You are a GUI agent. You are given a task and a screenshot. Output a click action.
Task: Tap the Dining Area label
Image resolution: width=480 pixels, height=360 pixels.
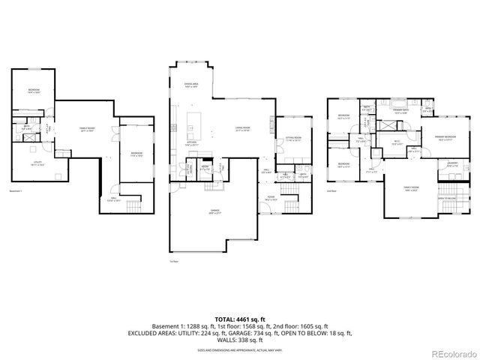click(191, 85)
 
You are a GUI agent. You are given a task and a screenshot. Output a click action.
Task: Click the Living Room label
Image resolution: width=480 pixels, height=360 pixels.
click(242, 129)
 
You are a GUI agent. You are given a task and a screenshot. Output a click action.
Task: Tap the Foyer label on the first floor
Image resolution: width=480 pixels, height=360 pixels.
click(271, 199)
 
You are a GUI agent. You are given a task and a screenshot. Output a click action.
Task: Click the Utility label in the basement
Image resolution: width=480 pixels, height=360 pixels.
click(37, 163)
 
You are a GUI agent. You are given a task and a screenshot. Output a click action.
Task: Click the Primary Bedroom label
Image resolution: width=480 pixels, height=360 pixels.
click(445, 137)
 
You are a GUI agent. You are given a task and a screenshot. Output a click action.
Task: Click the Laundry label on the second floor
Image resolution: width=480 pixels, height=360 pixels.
click(452, 163)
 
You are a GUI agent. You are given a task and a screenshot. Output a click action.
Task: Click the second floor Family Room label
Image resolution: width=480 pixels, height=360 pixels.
click(409, 187)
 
